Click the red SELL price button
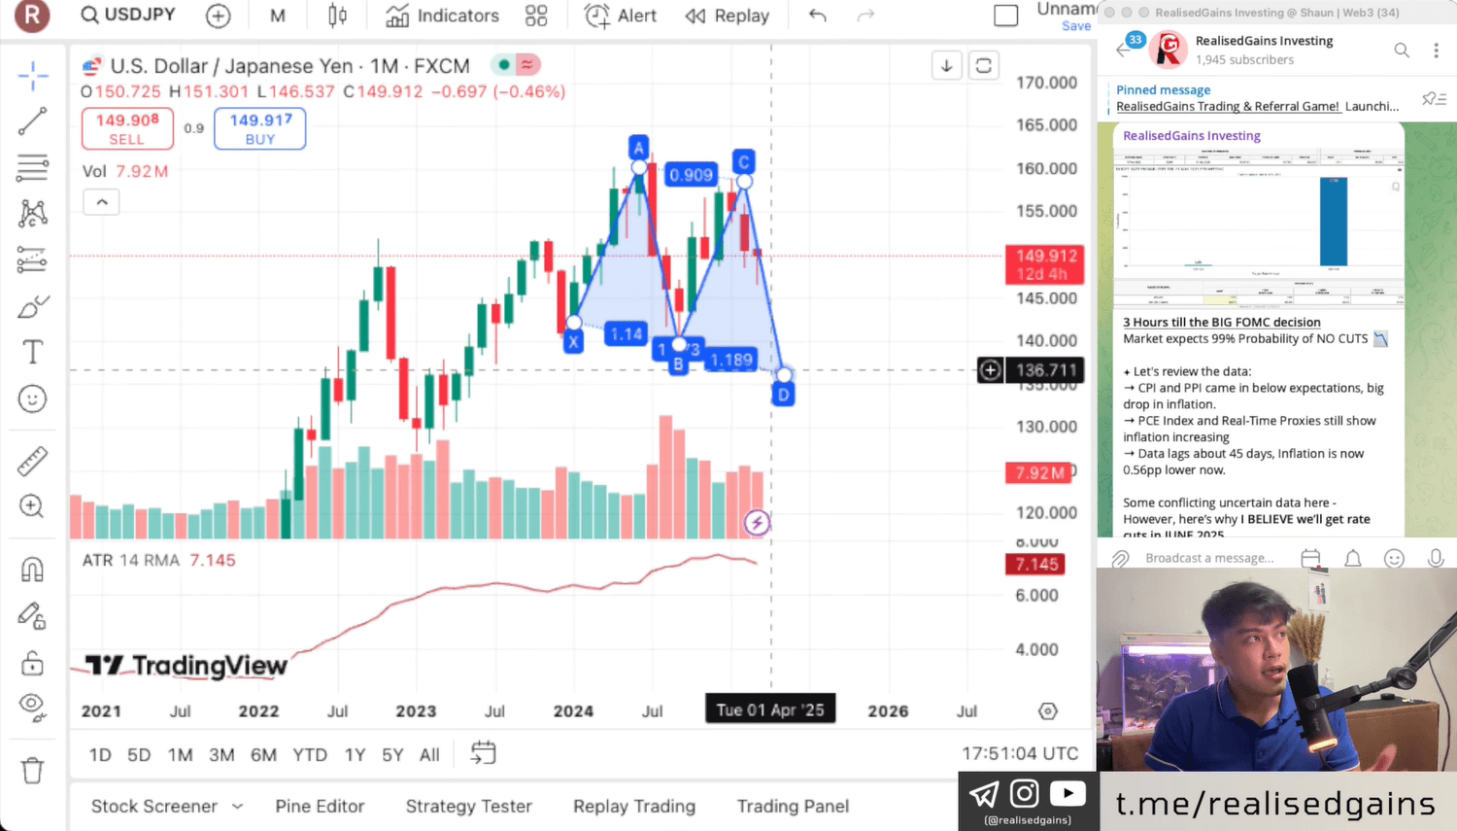127,128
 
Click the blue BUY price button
259,128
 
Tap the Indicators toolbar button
442,16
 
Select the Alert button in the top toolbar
621,16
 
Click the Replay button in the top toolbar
727,16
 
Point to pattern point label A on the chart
638,147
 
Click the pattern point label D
783,395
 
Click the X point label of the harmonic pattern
573,341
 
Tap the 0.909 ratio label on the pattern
691,175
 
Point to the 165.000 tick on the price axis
1046,125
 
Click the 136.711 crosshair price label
1046,370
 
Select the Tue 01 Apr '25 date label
770,710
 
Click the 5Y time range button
392,754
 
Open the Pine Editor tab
320,806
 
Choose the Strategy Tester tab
468,806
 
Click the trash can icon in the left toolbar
32,770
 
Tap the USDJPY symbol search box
129,15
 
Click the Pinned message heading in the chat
1163,89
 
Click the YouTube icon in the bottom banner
1067,794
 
